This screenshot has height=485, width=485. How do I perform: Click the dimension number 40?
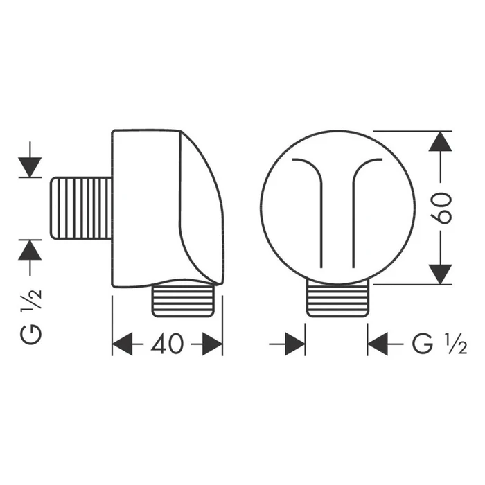point(167,344)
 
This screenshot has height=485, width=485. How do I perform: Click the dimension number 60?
point(443,207)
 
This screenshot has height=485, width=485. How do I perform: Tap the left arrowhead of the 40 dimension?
point(122,344)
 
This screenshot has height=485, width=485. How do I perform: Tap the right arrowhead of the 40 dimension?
point(212,344)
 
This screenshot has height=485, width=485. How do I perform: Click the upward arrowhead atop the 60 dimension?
point(441,142)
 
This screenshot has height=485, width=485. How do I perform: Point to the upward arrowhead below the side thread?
point(30,249)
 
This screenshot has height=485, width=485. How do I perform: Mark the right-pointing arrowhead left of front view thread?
point(294,344)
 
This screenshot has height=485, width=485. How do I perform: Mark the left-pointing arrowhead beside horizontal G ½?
point(378,344)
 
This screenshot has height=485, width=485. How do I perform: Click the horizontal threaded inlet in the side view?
point(82,208)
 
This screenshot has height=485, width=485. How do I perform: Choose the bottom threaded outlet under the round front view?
point(337,299)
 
